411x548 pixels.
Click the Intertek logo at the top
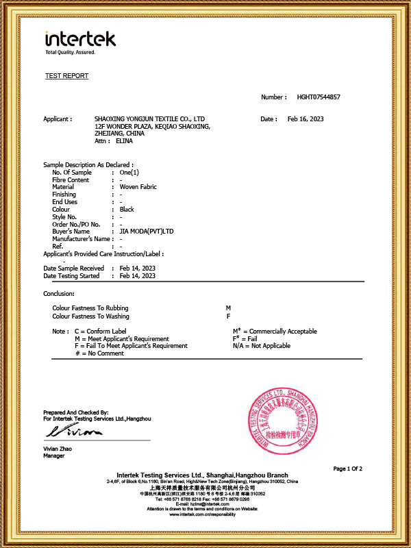pyautogui.click(x=80, y=40)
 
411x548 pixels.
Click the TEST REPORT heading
pyautogui.click(x=66, y=76)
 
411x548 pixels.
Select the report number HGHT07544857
pyautogui.click(x=319, y=97)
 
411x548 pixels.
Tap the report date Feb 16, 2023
pyautogui.click(x=305, y=119)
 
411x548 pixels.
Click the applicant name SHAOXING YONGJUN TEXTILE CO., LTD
pyautogui.click(x=149, y=119)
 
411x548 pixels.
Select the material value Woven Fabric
pyautogui.click(x=137, y=187)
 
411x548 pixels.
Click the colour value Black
pyautogui.click(x=127, y=210)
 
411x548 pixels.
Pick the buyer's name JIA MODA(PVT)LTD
pyautogui.click(x=147, y=232)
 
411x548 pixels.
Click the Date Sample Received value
pyautogui.click(x=137, y=269)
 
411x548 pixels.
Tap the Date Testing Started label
pyautogui.click(x=71, y=276)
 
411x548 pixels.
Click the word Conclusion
pyautogui.click(x=58, y=294)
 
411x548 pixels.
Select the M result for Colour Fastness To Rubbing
pyautogui.click(x=228, y=309)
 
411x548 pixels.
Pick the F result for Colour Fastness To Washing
pyautogui.click(x=228, y=316)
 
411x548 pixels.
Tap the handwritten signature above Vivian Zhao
pyautogui.click(x=74, y=432)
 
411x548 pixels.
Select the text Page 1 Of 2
pyautogui.click(x=348, y=469)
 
